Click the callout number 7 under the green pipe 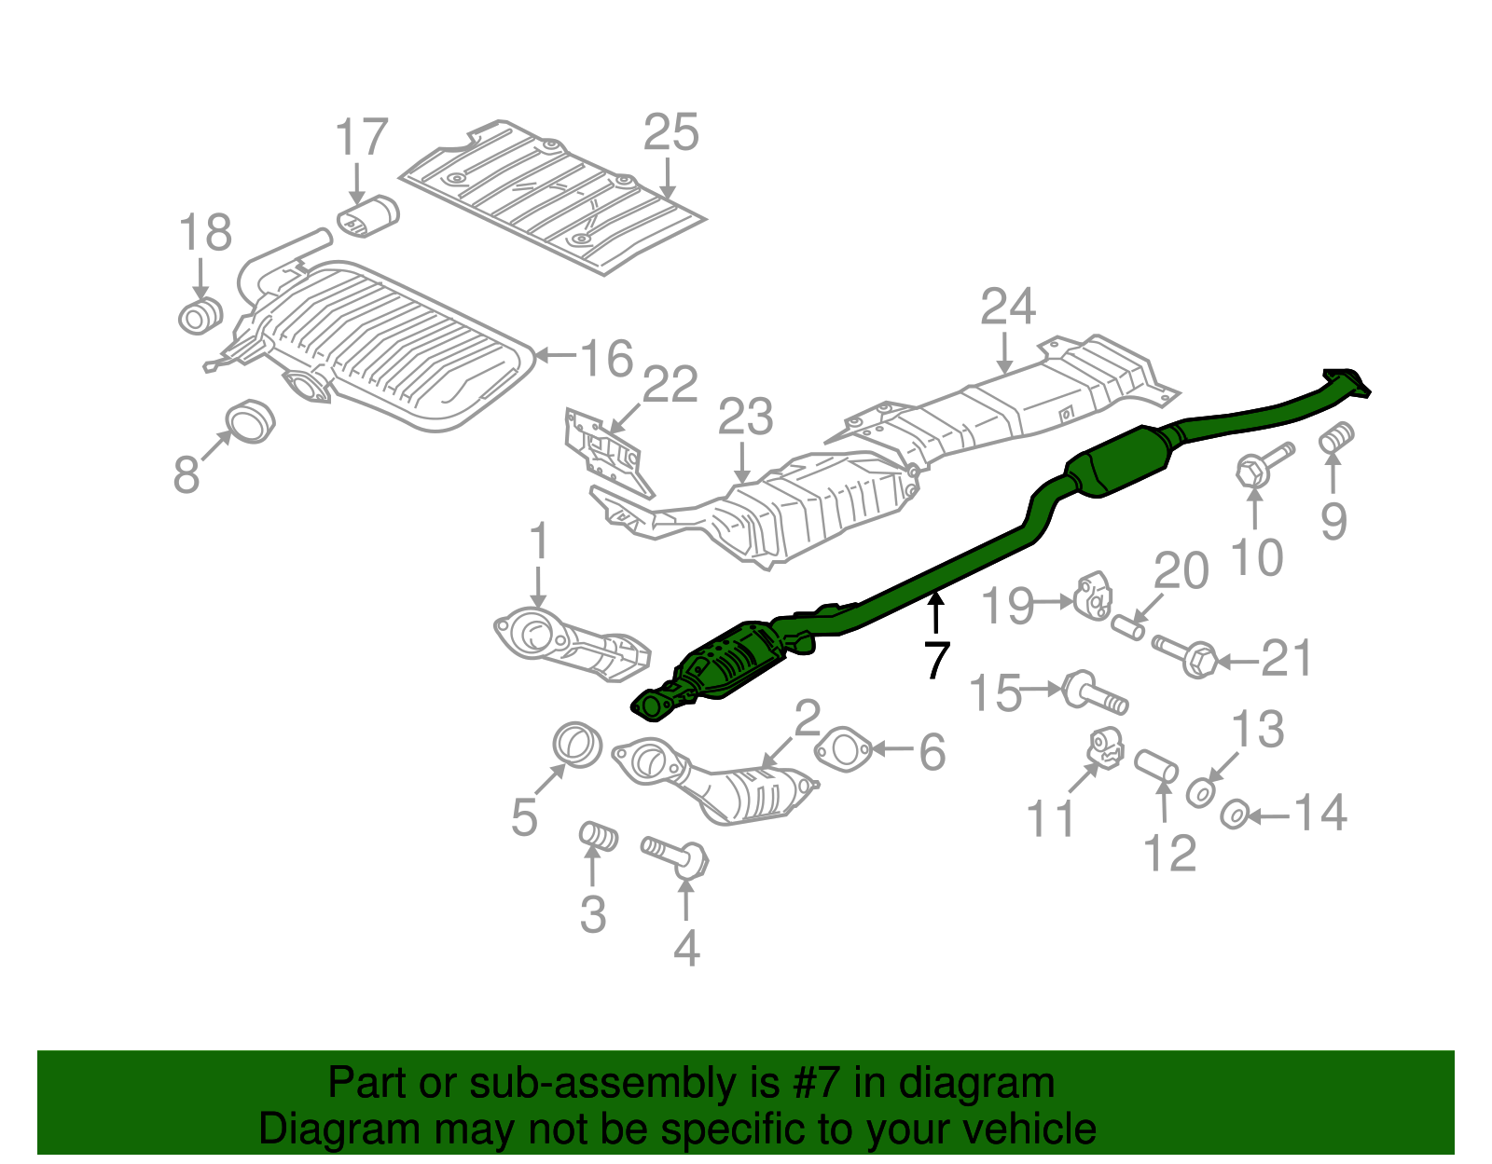936,660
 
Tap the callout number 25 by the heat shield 670,132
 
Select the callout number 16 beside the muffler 606,358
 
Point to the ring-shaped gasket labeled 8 250,420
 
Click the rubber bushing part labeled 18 200,317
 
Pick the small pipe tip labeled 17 368,217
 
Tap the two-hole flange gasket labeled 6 843,749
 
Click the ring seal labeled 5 577,745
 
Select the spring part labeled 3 598,836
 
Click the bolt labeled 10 1264,465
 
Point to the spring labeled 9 1336,438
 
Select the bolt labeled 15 1095,692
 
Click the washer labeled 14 1234,815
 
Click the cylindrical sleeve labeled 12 1155,766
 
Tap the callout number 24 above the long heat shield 1007,307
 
